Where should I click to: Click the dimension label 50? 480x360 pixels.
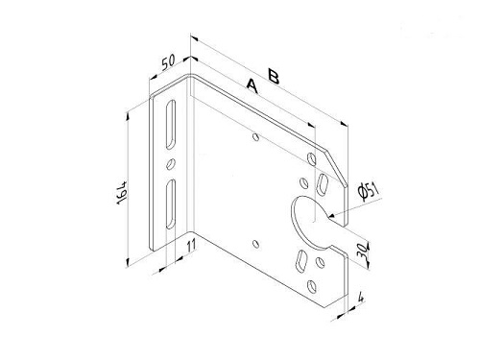tap(169, 62)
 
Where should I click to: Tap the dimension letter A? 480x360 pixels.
tap(252, 86)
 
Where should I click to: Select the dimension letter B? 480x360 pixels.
tap(274, 77)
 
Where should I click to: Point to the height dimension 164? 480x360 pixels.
tap(122, 193)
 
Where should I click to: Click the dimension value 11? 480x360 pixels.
tap(191, 246)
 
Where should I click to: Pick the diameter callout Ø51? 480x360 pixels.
tap(369, 191)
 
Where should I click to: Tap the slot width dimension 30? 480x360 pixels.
tap(362, 252)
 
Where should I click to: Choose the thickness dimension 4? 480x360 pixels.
tap(361, 298)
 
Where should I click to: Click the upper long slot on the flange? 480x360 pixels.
tap(171, 125)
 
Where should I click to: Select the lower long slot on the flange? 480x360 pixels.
tap(171, 204)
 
